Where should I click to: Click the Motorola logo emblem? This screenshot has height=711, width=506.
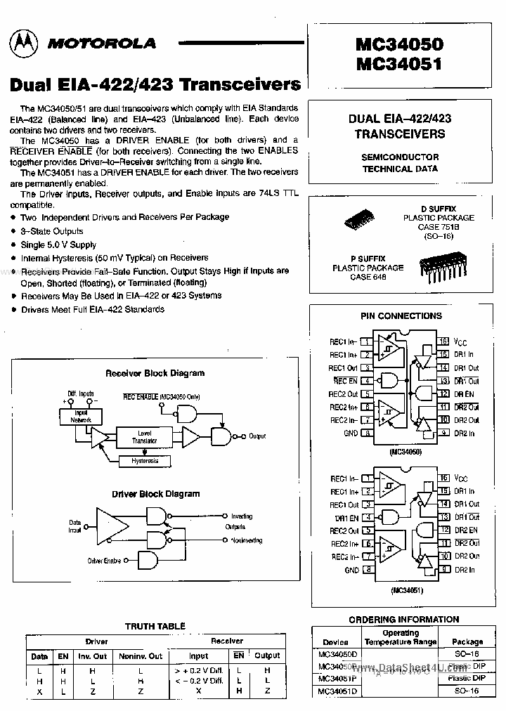(x=25, y=44)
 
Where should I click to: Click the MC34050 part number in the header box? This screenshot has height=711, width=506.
(x=399, y=44)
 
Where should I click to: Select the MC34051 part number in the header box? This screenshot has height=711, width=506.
(x=399, y=64)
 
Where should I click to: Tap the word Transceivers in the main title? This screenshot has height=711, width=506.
(x=240, y=85)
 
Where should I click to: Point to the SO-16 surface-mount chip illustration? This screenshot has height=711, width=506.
(x=363, y=218)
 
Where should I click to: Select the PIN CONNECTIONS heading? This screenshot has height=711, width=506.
(x=401, y=316)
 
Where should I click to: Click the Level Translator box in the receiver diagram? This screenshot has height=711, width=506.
(x=145, y=437)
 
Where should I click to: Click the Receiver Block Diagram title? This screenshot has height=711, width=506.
(x=155, y=373)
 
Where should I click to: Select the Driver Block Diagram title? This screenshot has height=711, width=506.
(x=155, y=494)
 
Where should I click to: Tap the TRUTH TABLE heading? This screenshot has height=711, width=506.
(x=155, y=626)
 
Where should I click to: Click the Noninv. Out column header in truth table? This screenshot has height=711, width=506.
(x=140, y=656)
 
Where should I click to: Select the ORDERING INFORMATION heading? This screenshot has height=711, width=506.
(x=403, y=620)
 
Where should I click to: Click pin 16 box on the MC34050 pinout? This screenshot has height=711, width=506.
(x=443, y=341)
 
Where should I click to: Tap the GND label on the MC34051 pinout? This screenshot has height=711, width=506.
(x=351, y=570)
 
